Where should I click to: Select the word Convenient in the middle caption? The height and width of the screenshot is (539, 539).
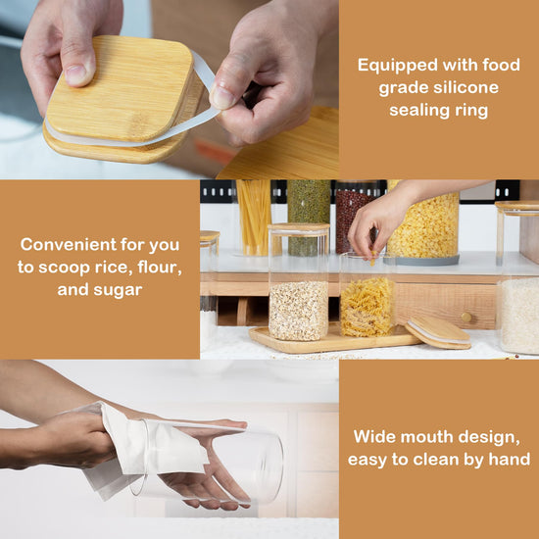(69, 245)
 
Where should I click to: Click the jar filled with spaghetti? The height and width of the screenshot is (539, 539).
(254, 218)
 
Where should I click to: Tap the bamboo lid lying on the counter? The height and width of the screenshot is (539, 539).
(438, 332)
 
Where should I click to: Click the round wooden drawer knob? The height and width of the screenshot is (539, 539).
(466, 317)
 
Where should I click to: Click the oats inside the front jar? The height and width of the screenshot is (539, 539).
(298, 311)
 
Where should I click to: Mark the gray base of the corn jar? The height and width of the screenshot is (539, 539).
(421, 261)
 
